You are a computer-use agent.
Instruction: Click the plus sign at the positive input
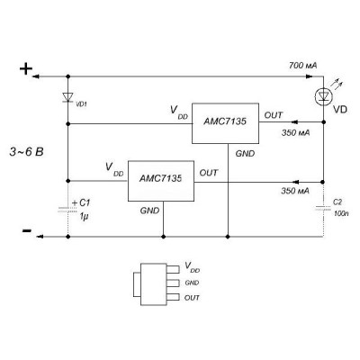[x=26, y=69]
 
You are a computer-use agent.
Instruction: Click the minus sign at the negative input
[x=27, y=230]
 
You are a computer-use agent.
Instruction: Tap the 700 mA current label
[x=302, y=66]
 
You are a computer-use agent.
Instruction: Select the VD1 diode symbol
[x=67, y=97]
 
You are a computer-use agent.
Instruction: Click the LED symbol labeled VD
[x=323, y=96]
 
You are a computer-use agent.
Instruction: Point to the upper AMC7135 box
[x=225, y=123]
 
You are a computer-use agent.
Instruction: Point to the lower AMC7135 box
[x=161, y=181]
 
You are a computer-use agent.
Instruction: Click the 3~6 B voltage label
[x=26, y=152]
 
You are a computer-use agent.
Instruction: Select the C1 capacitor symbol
[x=67, y=209]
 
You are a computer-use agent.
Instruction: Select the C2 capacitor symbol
[x=323, y=208]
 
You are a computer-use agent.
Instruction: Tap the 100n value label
[x=341, y=215]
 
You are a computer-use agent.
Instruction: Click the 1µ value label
[x=84, y=216]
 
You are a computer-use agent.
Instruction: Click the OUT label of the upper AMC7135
[x=274, y=115]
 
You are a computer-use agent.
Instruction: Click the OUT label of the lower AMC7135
[x=209, y=173]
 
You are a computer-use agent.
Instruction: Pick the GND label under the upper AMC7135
[x=245, y=154]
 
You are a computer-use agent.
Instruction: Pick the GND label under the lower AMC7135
[x=149, y=211]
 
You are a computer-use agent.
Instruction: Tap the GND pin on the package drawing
[x=173, y=283]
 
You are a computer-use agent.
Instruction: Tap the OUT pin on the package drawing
[x=173, y=298]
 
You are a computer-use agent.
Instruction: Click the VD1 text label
[x=82, y=104]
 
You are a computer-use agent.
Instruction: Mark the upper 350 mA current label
[x=295, y=133]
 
